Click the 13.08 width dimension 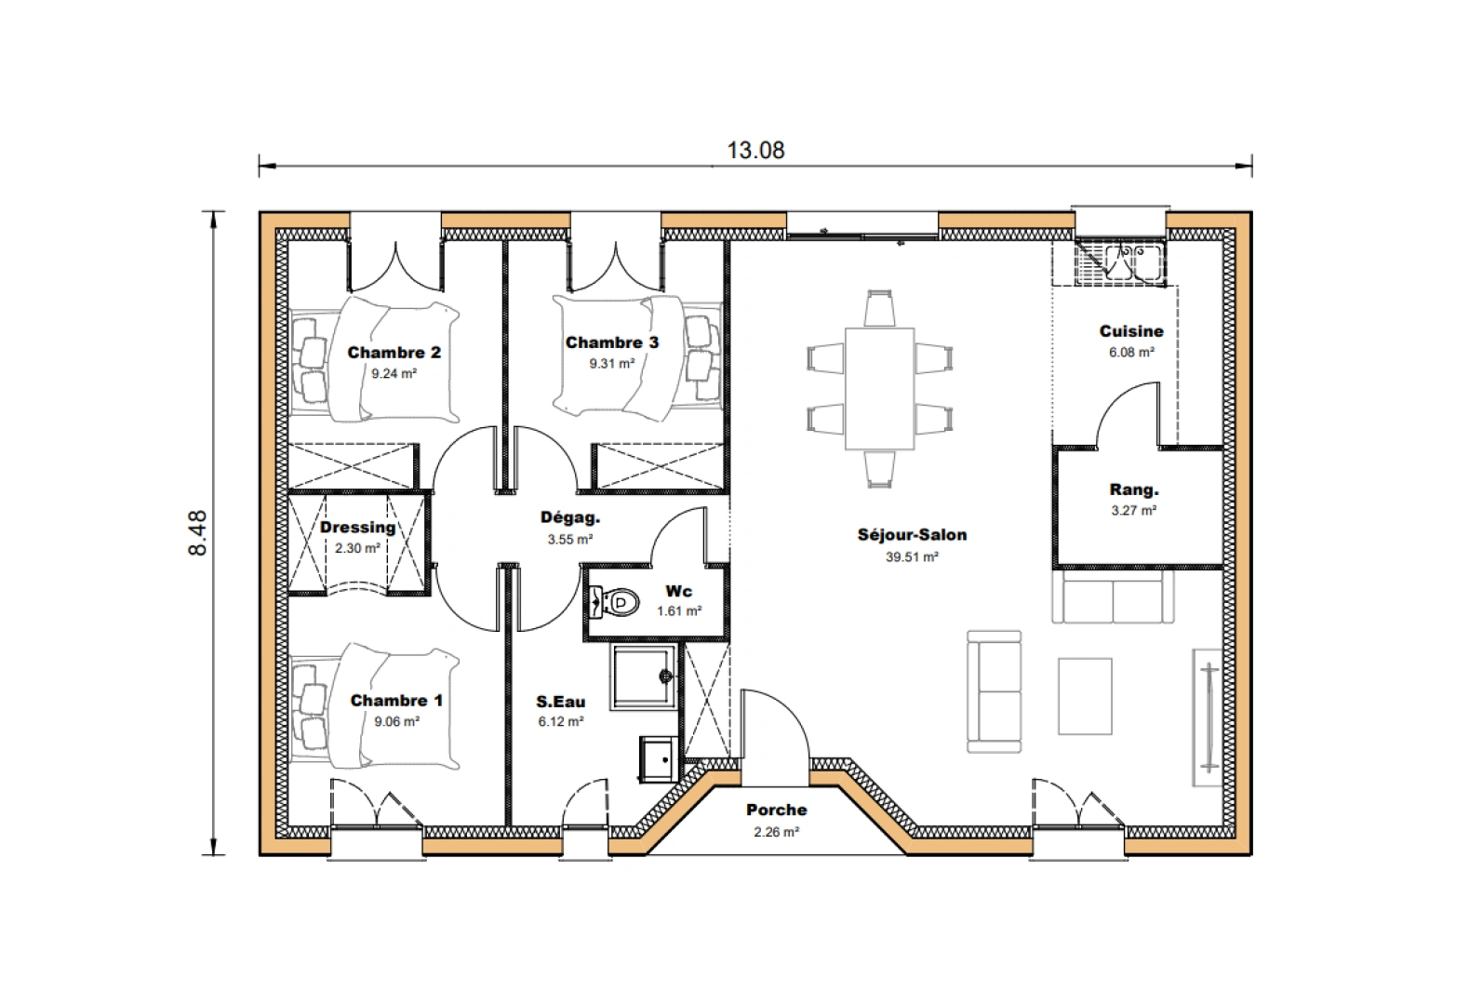point(755,150)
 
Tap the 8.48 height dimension point(198,533)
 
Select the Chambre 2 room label point(394,353)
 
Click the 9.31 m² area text point(611,365)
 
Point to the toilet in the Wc point(615,603)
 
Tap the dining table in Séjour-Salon point(879,388)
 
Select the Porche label point(776,811)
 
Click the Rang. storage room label point(1133,490)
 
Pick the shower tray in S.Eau point(642,677)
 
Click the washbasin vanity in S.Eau point(658,758)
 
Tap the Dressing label point(357,528)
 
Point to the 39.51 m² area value point(911,557)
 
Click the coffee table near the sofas point(1085,695)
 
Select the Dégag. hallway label point(569,518)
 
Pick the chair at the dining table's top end point(879,307)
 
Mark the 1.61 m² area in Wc point(678,611)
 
